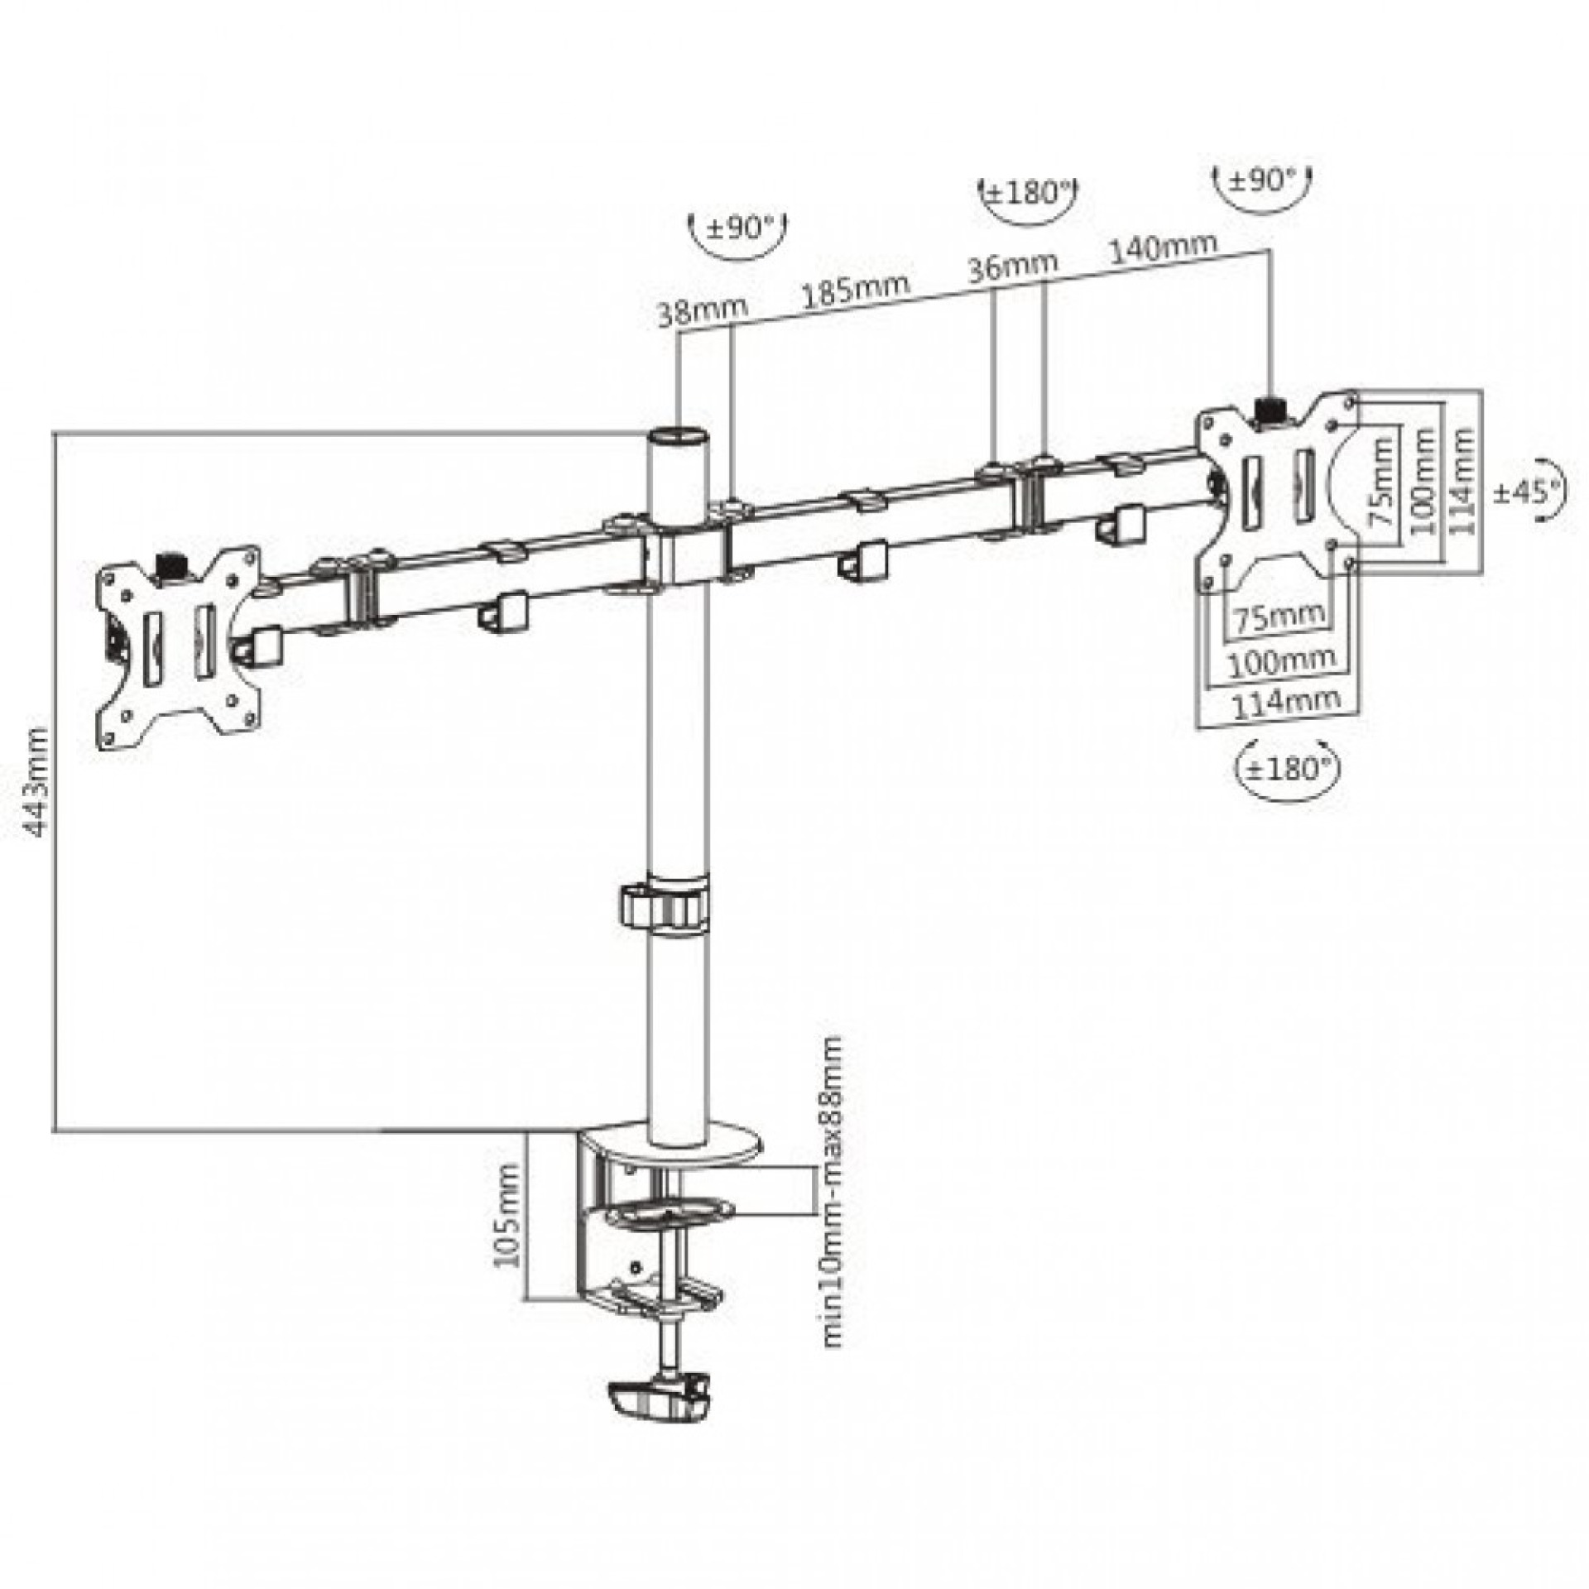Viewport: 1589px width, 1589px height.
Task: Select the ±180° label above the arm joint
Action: pyautogui.click(x=1027, y=194)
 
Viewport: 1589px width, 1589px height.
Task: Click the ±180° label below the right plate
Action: pyautogui.click(x=1286, y=767)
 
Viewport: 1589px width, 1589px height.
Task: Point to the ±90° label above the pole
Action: pyautogui.click(x=738, y=227)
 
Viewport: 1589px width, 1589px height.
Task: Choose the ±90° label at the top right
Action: pyautogui.click(x=1262, y=180)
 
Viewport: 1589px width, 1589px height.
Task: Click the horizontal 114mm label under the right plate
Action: pyautogui.click(x=1286, y=702)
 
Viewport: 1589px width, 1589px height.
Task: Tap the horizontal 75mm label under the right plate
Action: pyautogui.click(x=1279, y=617)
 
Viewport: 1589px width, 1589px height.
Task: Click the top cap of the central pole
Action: pyautogui.click(x=679, y=435)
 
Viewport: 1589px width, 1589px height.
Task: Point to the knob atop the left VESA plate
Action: pyautogui.click(x=172, y=565)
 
